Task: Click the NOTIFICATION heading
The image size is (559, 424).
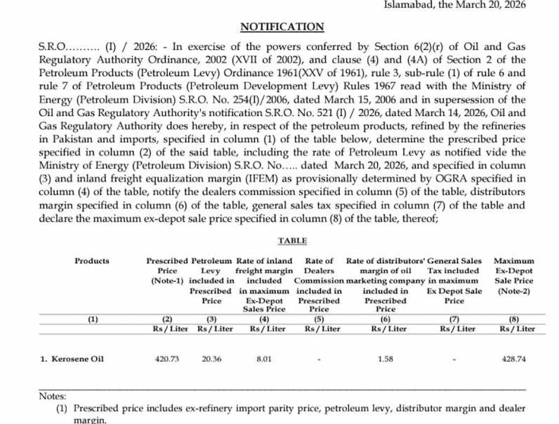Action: click(282, 27)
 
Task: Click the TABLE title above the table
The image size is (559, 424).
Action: click(292, 240)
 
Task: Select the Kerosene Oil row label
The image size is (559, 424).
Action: click(72, 359)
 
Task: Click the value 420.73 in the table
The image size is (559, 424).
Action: click(167, 359)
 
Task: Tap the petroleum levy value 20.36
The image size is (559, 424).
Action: click(211, 359)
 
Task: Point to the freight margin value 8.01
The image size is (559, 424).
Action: click(263, 359)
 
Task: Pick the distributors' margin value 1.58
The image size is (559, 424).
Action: click(386, 359)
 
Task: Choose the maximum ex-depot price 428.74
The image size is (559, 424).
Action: click(515, 359)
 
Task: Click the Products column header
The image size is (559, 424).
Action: click(92, 261)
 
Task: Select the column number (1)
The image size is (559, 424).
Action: click(93, 319)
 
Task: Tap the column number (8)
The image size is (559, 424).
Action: click(515, 319)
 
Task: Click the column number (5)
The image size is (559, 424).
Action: click(319, 319)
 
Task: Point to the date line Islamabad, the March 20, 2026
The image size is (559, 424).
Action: click(464, 5)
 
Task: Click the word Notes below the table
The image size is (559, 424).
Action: click(52, 396)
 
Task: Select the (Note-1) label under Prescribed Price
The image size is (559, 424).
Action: click(167, 280)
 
